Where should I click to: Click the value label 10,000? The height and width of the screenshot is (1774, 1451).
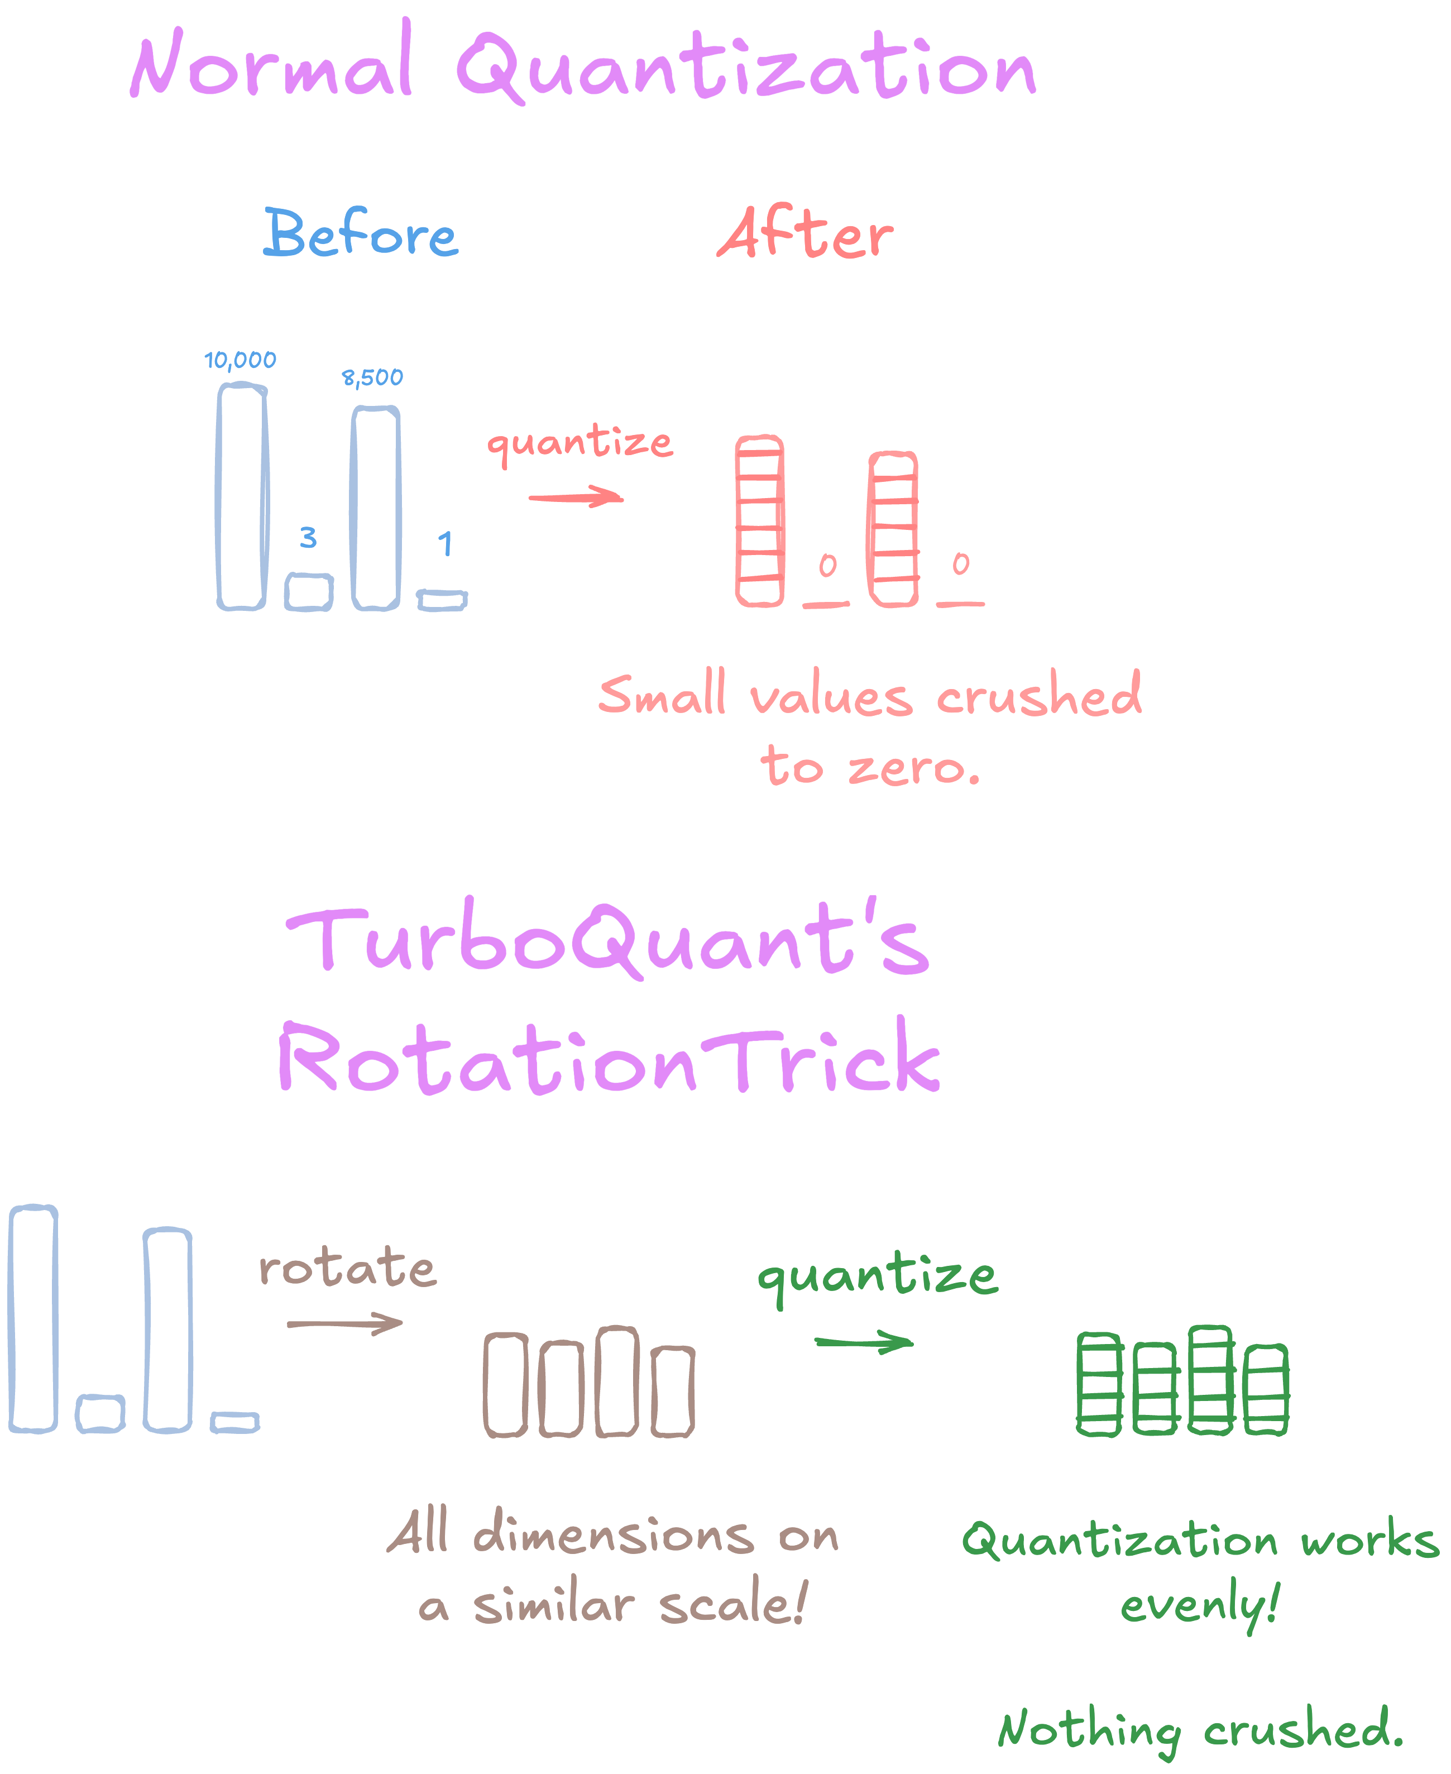tap(240, 360)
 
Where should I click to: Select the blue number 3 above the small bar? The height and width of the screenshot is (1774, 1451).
tap(308, 538)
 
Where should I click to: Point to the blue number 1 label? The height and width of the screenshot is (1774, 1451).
tap(446, 544)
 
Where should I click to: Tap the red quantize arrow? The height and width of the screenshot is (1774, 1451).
tap(577, 498)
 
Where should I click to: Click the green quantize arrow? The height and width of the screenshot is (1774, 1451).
tap(864, 1342)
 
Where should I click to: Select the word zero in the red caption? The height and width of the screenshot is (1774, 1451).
tap(913, 767)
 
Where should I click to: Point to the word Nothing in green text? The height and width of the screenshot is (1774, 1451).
tap(1089, 1730)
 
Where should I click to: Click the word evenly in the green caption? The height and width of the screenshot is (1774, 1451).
tap(1199, 1605)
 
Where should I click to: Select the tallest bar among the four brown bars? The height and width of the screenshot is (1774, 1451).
tap(617, 1382)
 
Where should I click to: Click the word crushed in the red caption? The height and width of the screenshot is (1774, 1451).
tap(1039, 694)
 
